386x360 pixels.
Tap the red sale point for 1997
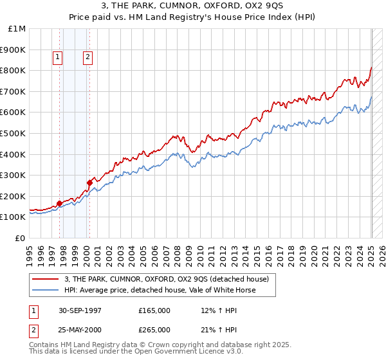click(59, 203)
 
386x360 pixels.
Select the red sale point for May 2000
click(89, 183)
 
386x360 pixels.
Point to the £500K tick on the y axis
click(14, 133)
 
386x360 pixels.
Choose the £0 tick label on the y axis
click(21, 238)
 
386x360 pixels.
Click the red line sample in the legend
click(46, 279)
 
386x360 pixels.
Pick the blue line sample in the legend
click(46, 290)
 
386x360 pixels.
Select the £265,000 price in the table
click(154, 329)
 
